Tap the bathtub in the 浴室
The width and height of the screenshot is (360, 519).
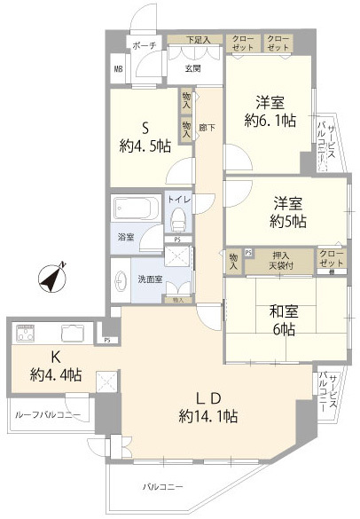(136, 211)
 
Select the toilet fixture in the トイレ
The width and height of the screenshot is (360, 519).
(178, 216)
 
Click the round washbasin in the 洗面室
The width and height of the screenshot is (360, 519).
(120, 279)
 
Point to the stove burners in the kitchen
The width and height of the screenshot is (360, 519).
(24, 334)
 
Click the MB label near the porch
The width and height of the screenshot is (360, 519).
(117, 67)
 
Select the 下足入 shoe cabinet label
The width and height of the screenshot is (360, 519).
(198, 40)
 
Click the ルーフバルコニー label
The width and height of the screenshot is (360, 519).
(48, 414)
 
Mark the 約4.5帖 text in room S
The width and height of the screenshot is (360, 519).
(145, 146)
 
